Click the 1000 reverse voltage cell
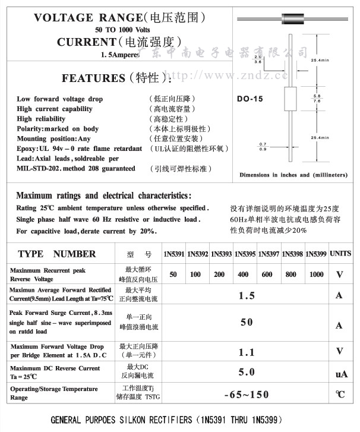[317, 274]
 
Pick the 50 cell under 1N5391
[173, 274]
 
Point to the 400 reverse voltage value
[244, 274]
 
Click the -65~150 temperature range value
[246, 395]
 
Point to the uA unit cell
[341, 374]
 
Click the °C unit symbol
[340, 395]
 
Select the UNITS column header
[340, 253]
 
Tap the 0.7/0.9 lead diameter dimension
[263, 146]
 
